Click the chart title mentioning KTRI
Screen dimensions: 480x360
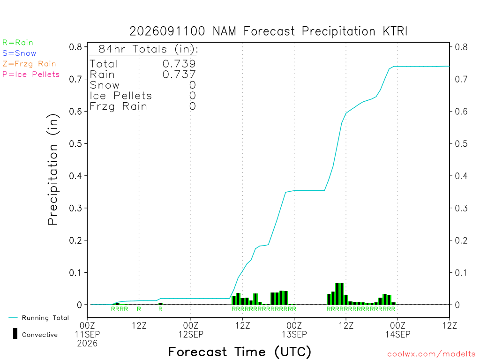coord(268,31)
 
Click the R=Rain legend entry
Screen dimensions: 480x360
coord(18,43)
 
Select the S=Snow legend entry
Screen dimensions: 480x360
coord(19,53)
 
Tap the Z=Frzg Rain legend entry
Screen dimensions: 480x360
coord(29,64)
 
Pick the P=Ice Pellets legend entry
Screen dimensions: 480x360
coord(31,75)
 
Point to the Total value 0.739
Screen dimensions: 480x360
coord(179,64)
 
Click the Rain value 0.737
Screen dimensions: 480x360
coord(179,75)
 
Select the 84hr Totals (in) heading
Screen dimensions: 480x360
coord(148,49)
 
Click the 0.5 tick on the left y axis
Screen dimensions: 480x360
coord(75,143)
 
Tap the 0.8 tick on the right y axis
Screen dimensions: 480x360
coord(461,47)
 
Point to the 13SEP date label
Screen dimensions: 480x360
coord(294,334)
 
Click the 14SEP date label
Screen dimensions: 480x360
coord(397,334)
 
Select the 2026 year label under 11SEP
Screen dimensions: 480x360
coord(87,344)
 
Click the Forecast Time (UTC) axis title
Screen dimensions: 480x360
coord(240,352)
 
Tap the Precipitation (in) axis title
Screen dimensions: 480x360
coord(53,170)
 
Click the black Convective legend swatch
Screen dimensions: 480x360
coord(15,334)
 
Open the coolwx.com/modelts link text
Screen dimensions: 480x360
coord(431,354)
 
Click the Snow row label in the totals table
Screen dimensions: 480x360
coord(105,85)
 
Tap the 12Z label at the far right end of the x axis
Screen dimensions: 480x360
coord(449,325)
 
